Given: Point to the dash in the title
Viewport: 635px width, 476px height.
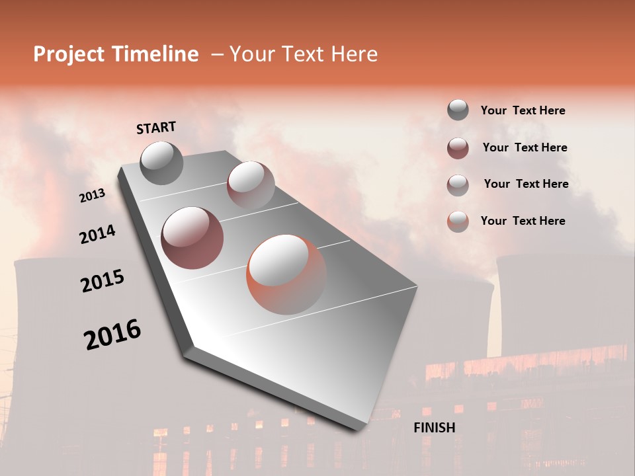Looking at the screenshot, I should click(216, 55).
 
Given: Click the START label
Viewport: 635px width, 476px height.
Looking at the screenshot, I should click(156, 128).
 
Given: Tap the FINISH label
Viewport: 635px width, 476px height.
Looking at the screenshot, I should click(434, 428).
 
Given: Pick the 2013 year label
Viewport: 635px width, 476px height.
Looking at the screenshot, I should click(93, 196).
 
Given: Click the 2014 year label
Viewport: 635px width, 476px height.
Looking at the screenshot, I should click(97, 234).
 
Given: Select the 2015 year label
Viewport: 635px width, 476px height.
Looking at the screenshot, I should click(103, 281).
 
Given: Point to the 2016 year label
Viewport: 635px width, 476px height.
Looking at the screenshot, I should click(112, 335).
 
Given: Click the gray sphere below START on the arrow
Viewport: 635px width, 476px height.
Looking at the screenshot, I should click(161, 163).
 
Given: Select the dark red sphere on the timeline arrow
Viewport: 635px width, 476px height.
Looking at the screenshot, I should click(192, 238).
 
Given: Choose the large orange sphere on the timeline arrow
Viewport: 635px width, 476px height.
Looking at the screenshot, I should click(286, 274).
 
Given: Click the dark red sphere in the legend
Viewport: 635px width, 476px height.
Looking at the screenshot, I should click(458, 148).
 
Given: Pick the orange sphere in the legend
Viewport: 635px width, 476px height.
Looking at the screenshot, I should click(458, 221).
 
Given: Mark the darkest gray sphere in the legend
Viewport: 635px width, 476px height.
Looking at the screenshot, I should click(458, 110).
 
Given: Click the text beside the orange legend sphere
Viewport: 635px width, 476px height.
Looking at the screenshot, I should click(523, 221).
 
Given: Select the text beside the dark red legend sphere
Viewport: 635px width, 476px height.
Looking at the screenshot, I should click(525, 147).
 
